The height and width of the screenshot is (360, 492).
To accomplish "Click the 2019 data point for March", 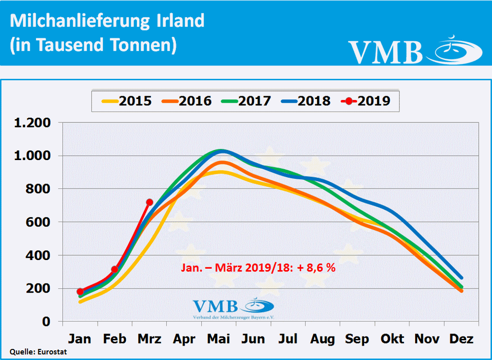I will [149, 202].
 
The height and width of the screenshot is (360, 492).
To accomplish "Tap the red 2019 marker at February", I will [114, 270].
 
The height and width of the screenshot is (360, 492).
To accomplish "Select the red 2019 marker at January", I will [80, 292].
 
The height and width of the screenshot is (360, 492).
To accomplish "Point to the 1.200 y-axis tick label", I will [33, 123].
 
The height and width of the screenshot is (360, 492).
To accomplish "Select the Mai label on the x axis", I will [219, 339].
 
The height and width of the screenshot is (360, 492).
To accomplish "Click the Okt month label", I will [392, 339].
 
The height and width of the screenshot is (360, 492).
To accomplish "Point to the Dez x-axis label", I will [461, 339].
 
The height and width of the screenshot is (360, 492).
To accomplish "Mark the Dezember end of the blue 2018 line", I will [461, 278].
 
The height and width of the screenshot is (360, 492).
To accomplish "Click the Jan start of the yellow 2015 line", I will [80, 301].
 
